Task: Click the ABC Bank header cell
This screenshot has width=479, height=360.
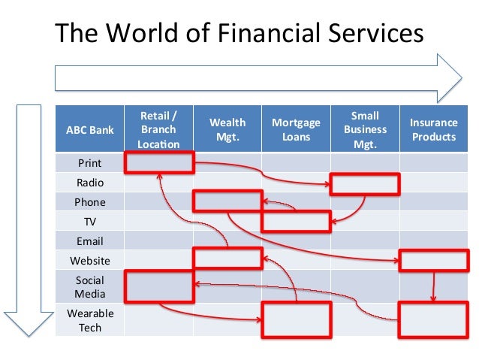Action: click(89, 129)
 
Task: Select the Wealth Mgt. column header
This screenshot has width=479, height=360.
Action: click(227, 129)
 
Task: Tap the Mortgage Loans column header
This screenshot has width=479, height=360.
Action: click(296, 129)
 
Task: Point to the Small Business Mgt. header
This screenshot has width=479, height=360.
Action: click(365, 129)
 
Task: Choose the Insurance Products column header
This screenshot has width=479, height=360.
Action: click(433, 129)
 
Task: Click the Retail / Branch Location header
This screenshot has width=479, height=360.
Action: click(158, 129)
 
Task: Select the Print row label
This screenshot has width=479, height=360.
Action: click(89, 163)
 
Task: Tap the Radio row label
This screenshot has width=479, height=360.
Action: click(89, 183)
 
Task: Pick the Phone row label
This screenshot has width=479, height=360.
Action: click(89, 202)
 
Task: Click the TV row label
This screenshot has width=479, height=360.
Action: click(89, 222)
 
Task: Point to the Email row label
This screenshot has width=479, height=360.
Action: click(89, 241)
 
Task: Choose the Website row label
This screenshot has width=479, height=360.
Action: click(89, 261)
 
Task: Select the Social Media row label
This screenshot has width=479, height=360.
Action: click(89, 287)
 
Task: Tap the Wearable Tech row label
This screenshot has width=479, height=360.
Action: click(89, 320)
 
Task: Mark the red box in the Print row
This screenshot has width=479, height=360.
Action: click(158, 162)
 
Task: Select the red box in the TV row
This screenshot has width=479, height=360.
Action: click(296, 221)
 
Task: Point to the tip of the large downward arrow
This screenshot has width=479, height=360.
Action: click(29, 334)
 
